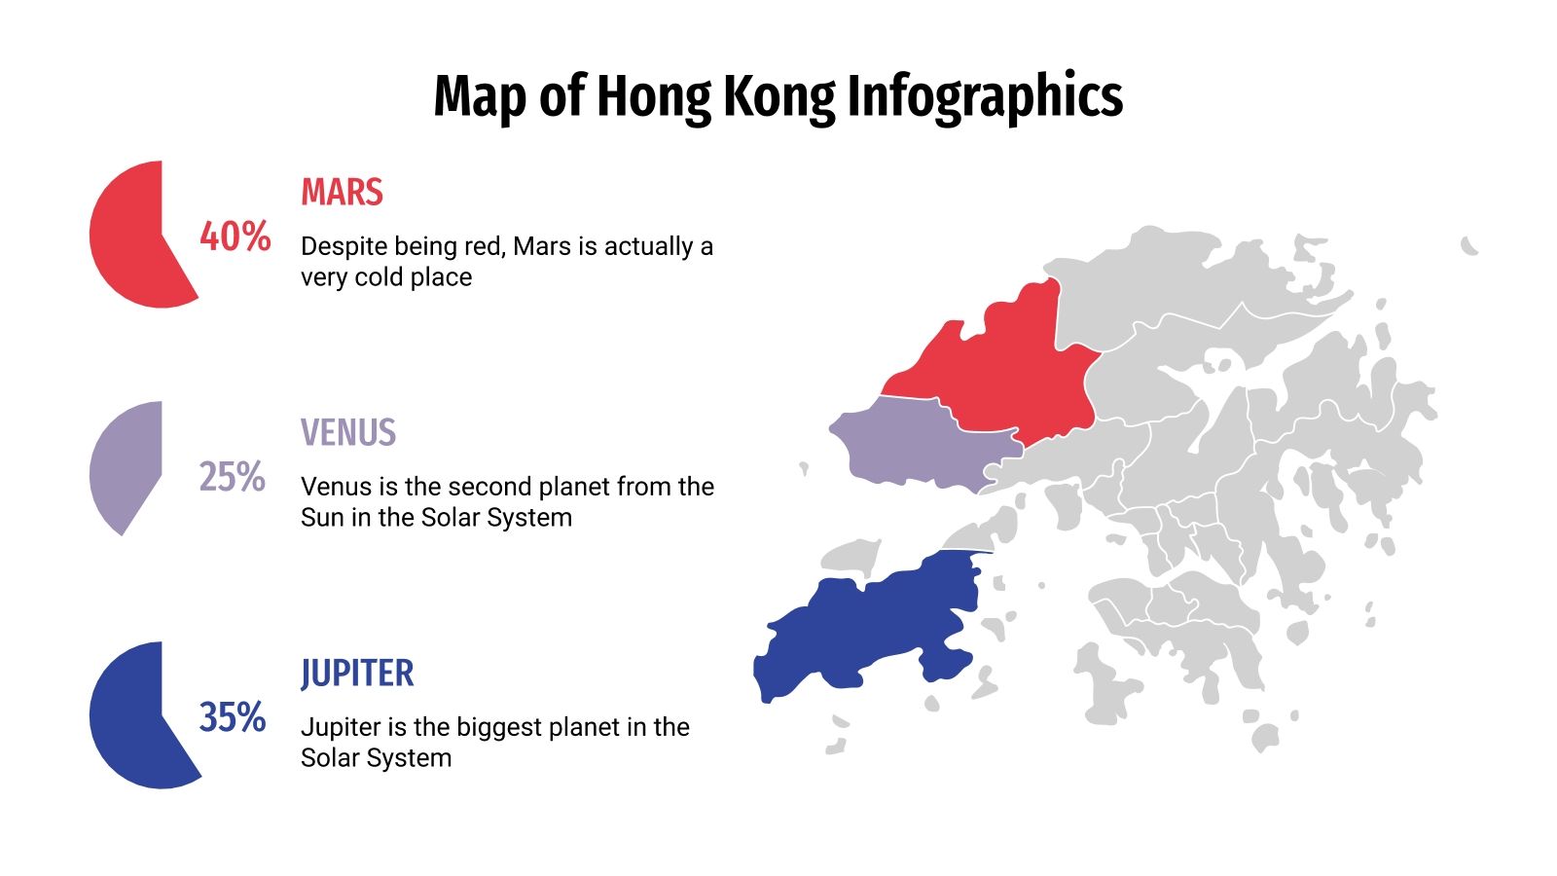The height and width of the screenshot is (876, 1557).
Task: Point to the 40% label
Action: click(x=235, y=237)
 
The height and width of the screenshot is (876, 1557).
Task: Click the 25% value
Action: click(x=233, y=477)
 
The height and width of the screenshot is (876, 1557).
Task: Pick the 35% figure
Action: click(x=233, y=717)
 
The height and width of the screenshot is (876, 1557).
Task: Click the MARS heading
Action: click(x=342, y=192)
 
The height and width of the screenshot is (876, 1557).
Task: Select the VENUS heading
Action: click(x=348, y=432)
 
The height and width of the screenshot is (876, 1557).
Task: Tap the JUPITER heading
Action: click(x=357, y=673)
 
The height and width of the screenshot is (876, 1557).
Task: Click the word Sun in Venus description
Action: click(x=322, y=518)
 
